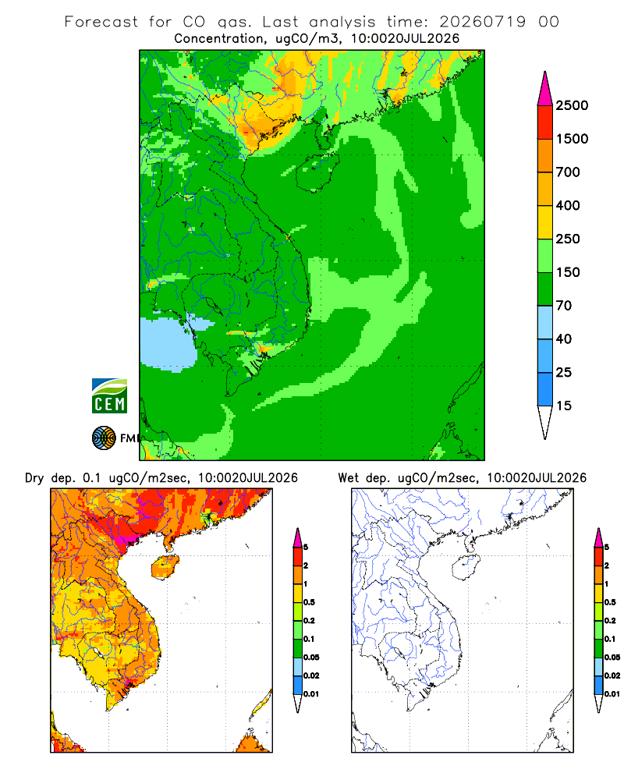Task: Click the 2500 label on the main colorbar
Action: [x=572, y=105]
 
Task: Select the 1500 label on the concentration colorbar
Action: [x=572, y=139]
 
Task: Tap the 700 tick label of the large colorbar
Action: [x=568, y=172]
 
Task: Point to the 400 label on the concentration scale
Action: [x=568, y=205]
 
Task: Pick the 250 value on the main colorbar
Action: [x=568, y=239]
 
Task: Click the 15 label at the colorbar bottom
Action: [x=563, y=406]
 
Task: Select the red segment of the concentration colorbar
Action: [x=545, y=122]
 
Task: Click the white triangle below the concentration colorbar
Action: [x=545, y=422]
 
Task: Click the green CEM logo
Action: [x=109, y=396]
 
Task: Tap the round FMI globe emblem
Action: [x=104, y=438]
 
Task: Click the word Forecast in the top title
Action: [x=101, y=22]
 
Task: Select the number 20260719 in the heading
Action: [x=482, y=22]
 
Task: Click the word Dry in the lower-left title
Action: [x=34, y=478]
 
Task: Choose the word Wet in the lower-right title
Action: [x=349, y=478]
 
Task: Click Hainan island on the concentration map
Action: [x=317, y=172]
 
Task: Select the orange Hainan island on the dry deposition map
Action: [x=165, y=568]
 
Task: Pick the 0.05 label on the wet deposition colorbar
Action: [x=612, y=657]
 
